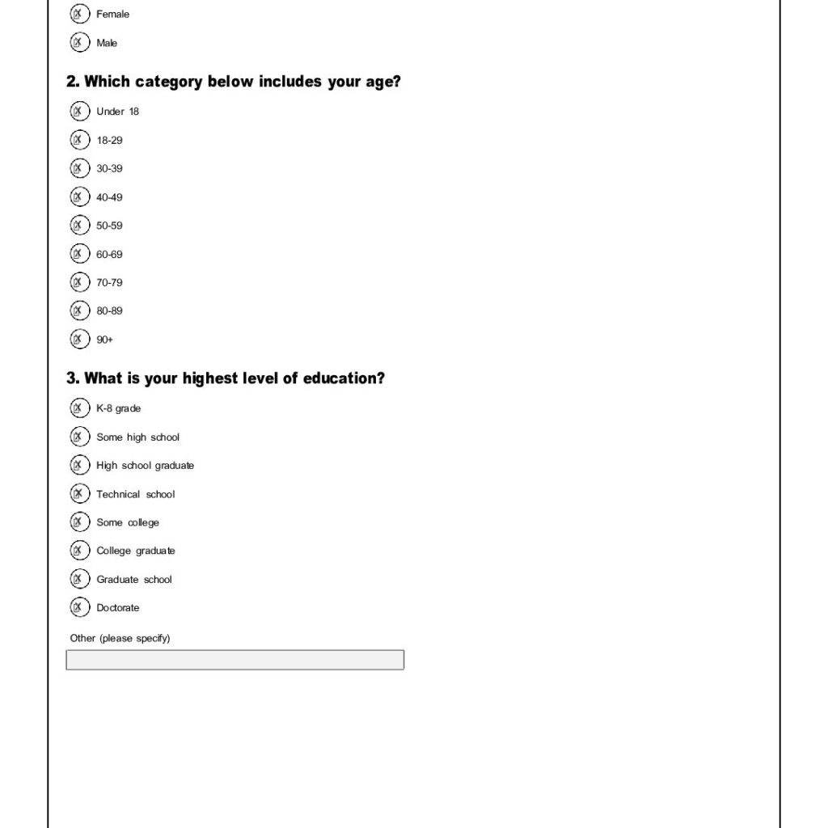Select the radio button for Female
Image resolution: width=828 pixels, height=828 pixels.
pos(79,14)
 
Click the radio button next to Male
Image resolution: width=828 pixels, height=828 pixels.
pos(79,43)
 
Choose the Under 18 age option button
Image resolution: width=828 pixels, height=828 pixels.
pos(79,111)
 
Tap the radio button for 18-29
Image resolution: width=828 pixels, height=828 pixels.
pos(79,140)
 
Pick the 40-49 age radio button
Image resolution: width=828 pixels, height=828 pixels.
pos(79,196)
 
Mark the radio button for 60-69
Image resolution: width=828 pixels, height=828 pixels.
pos(79,254)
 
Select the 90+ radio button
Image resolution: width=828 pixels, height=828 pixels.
pos(79,340)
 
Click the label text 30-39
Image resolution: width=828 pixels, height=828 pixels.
pos(109,168)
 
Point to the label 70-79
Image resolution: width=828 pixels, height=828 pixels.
pos(109,282)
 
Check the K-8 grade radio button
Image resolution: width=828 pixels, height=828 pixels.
pos(79,408)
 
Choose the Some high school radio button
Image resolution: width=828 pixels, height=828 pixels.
pos(79,437)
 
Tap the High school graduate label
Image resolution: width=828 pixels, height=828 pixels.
pos(145,465)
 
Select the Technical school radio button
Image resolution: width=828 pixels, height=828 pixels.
pos(79,494)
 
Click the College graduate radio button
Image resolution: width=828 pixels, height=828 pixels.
pos(79,551)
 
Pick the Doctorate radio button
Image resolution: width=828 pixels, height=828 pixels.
pos(79,607)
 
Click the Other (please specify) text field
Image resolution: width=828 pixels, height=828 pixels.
pos(234,660)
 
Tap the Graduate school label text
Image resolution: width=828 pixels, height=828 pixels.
pos(134,579)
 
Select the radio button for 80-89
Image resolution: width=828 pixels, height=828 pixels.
pos(79,310)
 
